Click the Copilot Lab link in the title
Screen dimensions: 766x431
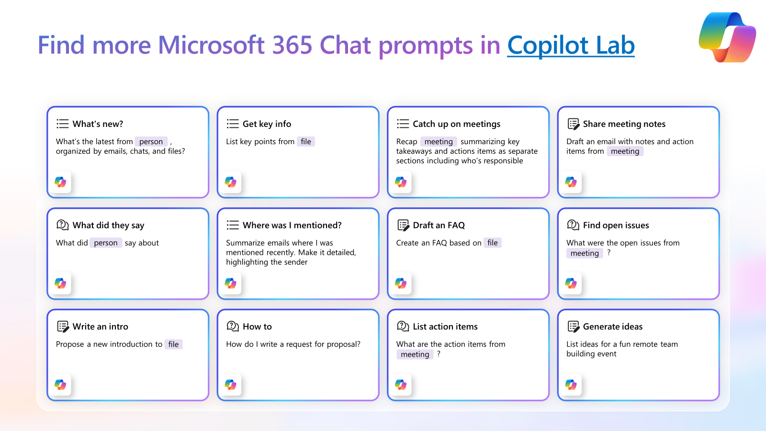click(x=571, y=45)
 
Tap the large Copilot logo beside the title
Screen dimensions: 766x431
click(x=727, y=37)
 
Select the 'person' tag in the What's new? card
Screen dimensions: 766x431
click(x=151, y=142)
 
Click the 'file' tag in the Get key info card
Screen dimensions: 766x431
click(x=306, y=142)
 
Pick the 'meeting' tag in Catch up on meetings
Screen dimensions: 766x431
click(x=439, y=142)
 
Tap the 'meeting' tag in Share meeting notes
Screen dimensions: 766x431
click(x=625, y=151)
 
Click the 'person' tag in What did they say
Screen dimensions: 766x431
click(x=106, y=243)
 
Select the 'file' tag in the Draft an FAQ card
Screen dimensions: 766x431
click(x=493, y=243)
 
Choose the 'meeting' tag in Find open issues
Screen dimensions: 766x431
click(x=585, y=253)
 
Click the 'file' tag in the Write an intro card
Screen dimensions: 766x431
click(x=173, y=344)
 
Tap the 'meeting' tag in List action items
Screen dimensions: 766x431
click(x=415, y=354)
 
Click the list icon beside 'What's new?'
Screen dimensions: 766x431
click(x=63, y=124)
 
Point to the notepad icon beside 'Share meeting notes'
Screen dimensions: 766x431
click(x=574, y=124)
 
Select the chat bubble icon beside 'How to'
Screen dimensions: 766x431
click(x=233, y=326)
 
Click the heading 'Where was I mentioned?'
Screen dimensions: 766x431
click(x=292, y=225)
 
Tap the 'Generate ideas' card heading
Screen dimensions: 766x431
click(x=613, y=327)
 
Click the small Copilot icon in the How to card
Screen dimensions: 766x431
click(x=230, y=385)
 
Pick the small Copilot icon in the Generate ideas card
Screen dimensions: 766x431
click(x=571, y=385)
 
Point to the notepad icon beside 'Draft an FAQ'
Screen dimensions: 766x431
click(x=403, y=225)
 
